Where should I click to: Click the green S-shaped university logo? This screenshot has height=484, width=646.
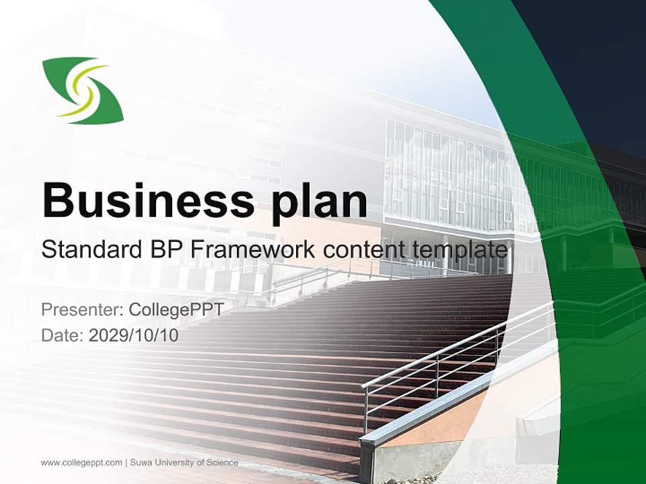pyautogui.click(x=83, y=91)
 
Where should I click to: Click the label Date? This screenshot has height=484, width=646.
pyautogui.click(x=63, y=335)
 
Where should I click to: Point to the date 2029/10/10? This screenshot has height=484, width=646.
pyautogui.click(x=134, y=335)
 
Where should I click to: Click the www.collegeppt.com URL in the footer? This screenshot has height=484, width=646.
pyautogui.click(x=81, y=462)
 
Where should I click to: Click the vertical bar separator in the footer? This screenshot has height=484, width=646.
pyautogui.click(x=126, y=462)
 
